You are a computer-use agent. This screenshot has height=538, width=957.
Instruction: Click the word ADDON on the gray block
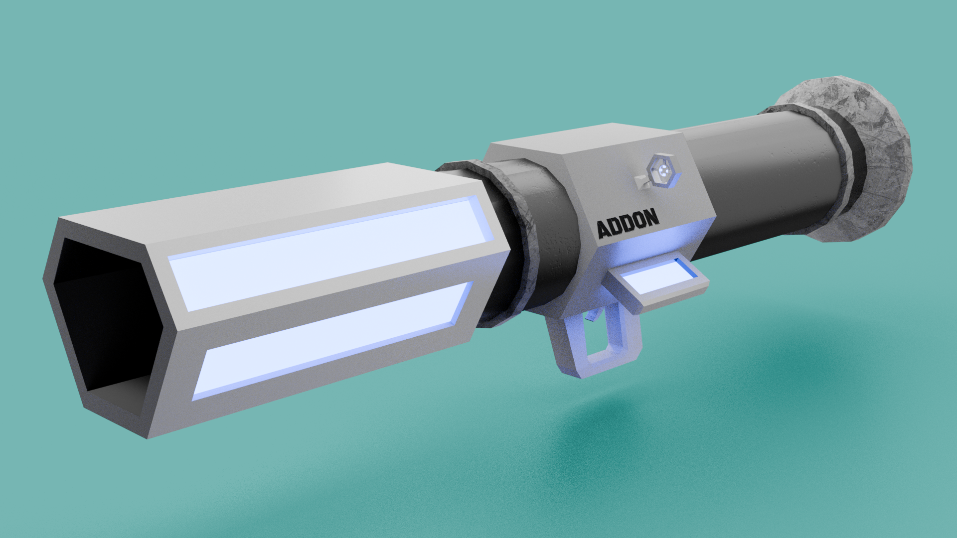628,224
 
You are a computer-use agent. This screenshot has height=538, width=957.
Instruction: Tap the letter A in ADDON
604,230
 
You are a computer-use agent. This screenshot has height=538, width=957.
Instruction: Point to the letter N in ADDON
650,218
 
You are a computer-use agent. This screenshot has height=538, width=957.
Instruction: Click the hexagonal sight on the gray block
664,171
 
